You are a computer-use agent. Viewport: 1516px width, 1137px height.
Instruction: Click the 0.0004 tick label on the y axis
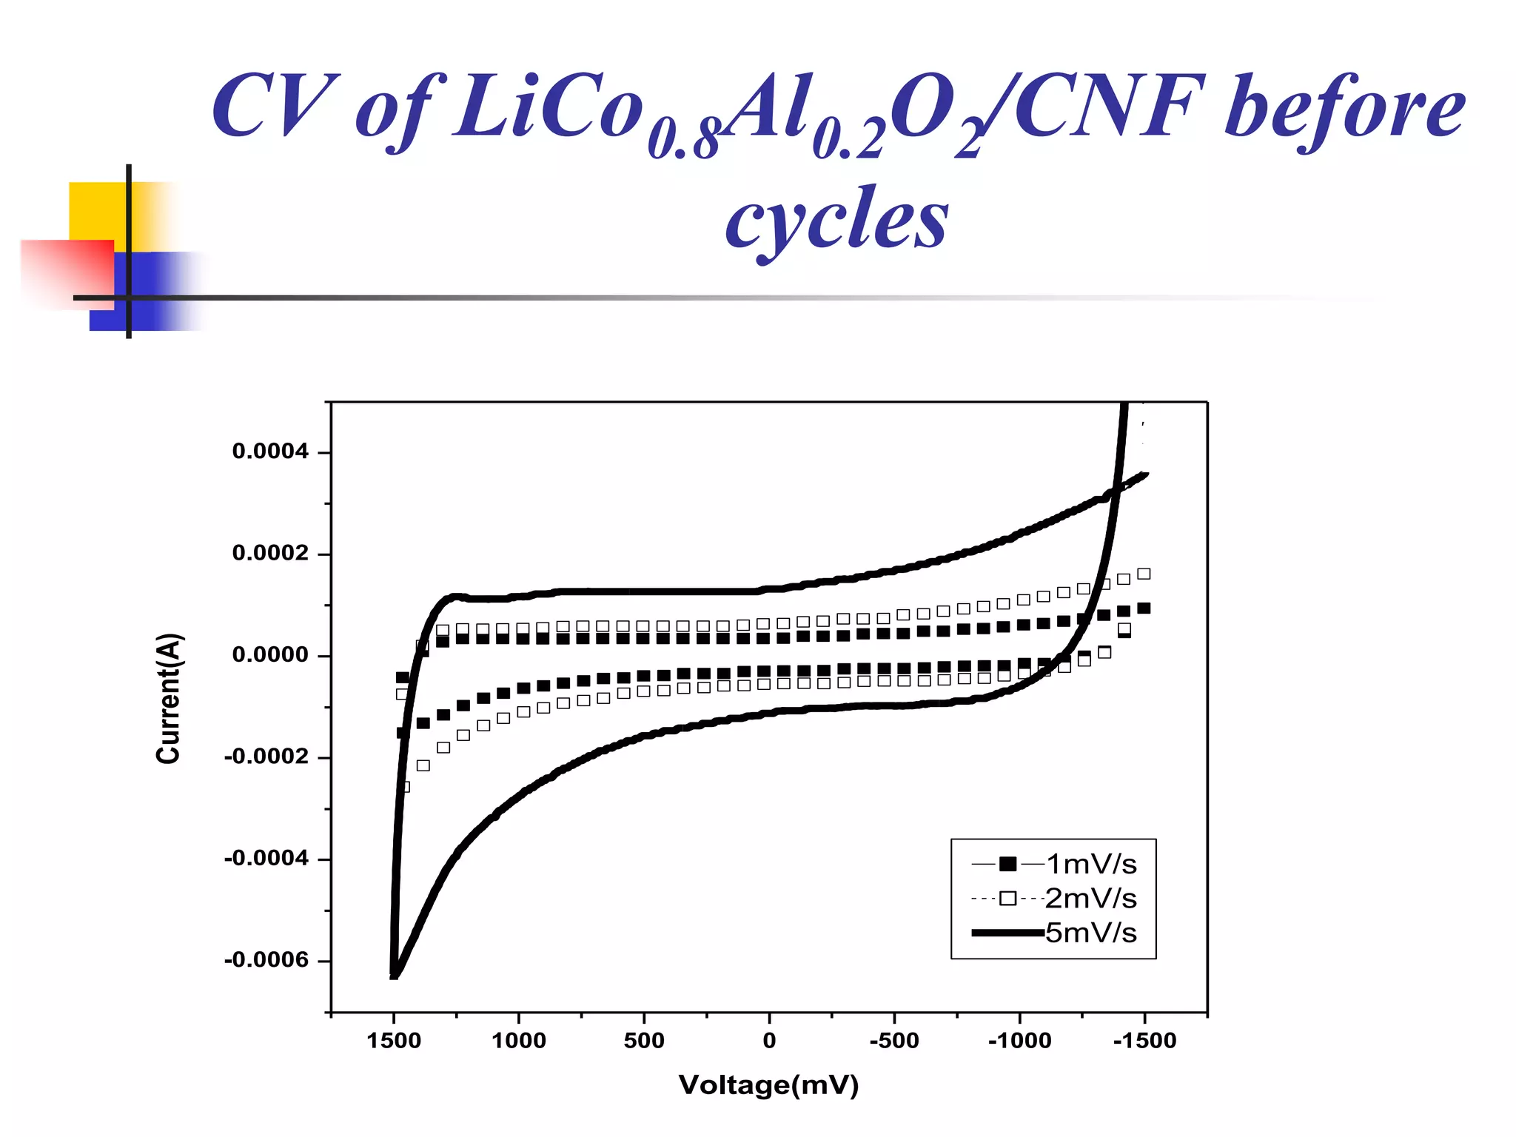[x=270, y=452]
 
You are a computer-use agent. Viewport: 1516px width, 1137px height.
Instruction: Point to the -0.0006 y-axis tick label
[x=266, y=960]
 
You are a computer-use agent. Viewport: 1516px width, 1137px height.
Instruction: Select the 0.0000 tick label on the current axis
[x=270, y=655]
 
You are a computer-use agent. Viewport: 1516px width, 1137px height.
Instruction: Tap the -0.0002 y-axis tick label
[x=266, y=757]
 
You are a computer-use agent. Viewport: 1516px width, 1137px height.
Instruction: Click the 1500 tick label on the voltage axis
[x=394, y=1041]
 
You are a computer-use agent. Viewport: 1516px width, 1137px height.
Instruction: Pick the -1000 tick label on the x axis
[x=1019, y=1041]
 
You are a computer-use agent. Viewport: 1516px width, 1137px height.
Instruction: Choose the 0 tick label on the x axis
[x=769, y=1041]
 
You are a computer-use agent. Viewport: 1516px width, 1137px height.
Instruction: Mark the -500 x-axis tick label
[x=894, y=1041]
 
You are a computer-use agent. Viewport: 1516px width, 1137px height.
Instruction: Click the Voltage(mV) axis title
[x=768, y=1085]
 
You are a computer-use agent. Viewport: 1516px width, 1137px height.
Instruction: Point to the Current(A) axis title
[x=169, y=698]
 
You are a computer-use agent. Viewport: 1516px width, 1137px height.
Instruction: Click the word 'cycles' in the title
[x=836, y=219]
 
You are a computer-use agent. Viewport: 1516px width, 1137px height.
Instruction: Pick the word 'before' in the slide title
[x=1344, y=107]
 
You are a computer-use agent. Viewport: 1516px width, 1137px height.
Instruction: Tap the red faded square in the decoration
[x=67, y=272]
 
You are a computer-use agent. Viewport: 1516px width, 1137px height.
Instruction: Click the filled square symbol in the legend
[x=1007, y=864]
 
